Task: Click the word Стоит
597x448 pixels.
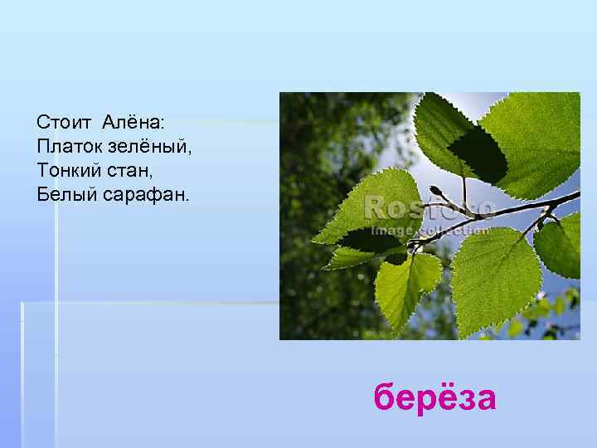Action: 65,122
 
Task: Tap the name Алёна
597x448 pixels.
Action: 132,122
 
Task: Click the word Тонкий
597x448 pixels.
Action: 70,170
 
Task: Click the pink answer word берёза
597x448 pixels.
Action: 434,397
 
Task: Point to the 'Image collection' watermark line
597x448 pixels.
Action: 430,230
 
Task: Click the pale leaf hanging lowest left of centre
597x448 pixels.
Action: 406,286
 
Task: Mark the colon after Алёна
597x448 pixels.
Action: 163,124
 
